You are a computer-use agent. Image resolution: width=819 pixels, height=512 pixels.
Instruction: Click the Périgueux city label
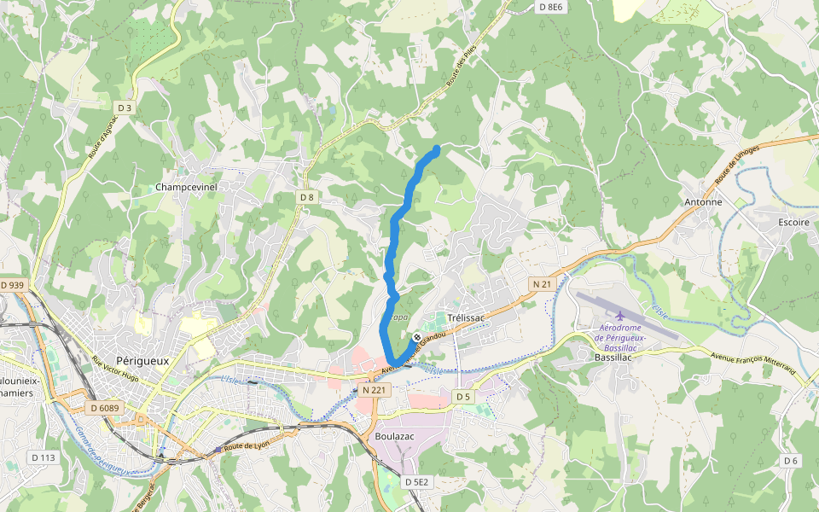(x=142, y=361)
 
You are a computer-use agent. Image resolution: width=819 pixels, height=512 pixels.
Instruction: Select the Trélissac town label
(x=466, y=317)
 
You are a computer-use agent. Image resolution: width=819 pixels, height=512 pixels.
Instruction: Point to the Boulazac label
(x=394, y=436)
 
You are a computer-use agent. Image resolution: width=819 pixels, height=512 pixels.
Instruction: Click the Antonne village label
(x=703, y=202)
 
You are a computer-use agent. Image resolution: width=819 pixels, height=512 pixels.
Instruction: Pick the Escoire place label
(x=793, y=221)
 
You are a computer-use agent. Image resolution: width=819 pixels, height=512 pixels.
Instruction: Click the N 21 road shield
(x=542, y=283)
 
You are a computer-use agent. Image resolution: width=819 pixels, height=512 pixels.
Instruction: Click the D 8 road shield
(x=307, y=197)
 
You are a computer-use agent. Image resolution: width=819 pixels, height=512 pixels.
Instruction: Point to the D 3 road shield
(x=125, y=108)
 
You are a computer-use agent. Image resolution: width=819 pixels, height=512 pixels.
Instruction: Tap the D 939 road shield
(x=13, y=285)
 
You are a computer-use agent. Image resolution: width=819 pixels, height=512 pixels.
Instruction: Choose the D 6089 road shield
(x=104, y=408)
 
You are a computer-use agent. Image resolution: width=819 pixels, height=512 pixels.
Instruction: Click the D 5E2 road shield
(x=416, y=482)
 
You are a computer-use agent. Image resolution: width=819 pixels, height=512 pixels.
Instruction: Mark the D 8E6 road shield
(x=551, y=7)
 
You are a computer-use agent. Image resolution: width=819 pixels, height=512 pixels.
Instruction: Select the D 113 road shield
(x=44, y=457)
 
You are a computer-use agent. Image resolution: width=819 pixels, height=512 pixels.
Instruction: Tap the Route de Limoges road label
(x=737, y=166)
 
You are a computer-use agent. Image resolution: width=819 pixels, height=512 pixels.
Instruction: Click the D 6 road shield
(x=791, y=461)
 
